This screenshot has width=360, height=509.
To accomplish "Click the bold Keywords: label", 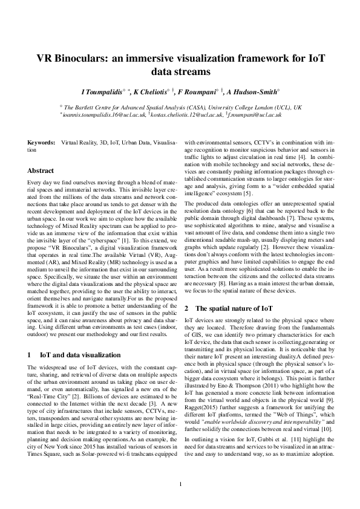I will [x=42, y=143].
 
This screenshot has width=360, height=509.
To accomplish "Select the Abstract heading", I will [x=41, y=170].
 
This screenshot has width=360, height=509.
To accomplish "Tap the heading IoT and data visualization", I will [x=80, y=355].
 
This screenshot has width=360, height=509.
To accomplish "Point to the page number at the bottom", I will [x=180, y=483].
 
